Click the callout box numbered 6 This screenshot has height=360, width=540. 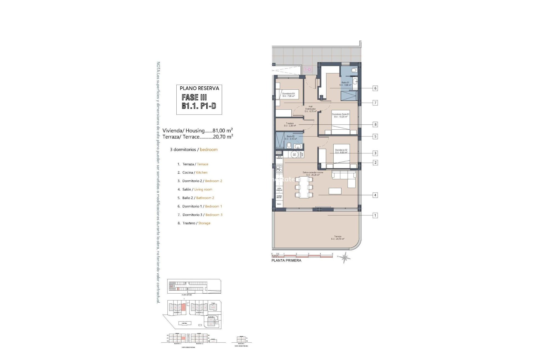pyautogui.click(x=375, y=88)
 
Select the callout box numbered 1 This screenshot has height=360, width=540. pyautogui.click(x=375, y=215)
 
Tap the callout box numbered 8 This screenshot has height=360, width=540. pyautogui.click(x=375, y=124)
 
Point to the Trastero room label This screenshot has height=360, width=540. pyautogui.click(x=290, y=125)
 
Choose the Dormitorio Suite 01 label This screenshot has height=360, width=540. pyautogui.click(x=340, y=115)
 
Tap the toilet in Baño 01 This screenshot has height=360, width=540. pyautogui.click(x=354, y=70)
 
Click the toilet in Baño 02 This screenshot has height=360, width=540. pyautogui.click(x=289, y=145)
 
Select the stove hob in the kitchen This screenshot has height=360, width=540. pyautogui.click(x=279, y=169)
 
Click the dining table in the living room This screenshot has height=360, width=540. pyautogui.click(x=304, y=187)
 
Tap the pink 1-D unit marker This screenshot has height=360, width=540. pyautogui.click(x=308, y=69)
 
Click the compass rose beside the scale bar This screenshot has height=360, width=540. pyautogui.click(x=345, y=257)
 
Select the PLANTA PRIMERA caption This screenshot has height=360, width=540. pyautogui.click(x=286, y=260)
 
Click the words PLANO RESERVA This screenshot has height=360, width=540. pyautogui.click(x=199, y=88)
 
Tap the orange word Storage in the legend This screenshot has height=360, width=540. pyautogui.click(x=204, y=223)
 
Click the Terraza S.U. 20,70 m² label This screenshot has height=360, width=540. pyautogui.click(x=337, y=238)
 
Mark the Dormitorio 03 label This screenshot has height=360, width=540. pyautogui.click(x=289, y=95)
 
